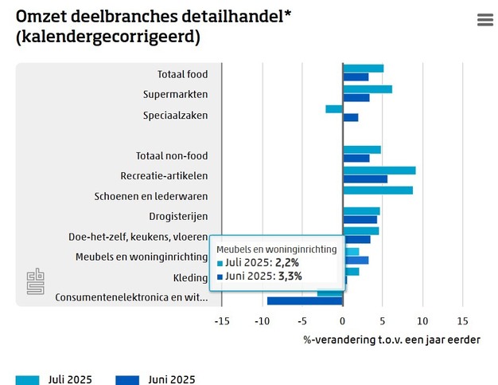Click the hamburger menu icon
485,20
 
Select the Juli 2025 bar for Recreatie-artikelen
379,170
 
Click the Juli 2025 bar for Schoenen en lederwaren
378,190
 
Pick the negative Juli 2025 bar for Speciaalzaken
334,108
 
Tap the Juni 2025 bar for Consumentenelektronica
305,301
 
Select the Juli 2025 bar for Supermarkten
368,88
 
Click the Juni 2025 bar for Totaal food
356,77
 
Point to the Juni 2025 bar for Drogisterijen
360,219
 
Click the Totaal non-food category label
172,155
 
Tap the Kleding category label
190,278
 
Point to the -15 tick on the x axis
222,321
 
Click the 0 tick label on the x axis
342,321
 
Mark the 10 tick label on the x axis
422,321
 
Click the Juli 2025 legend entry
54,379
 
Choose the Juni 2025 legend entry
155,379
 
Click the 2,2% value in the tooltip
288,262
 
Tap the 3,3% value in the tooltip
290,277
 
